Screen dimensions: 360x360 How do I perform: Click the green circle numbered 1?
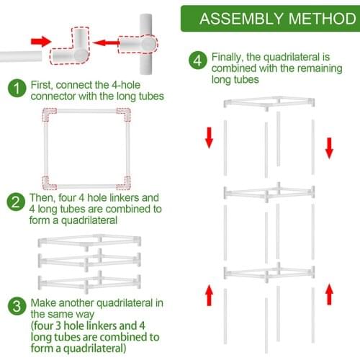tap(16, 89)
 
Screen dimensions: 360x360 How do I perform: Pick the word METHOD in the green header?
tap(313, 18)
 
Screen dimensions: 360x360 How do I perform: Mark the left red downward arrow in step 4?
tap(209, 138)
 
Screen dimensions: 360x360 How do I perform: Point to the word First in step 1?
tap(42, 84)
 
